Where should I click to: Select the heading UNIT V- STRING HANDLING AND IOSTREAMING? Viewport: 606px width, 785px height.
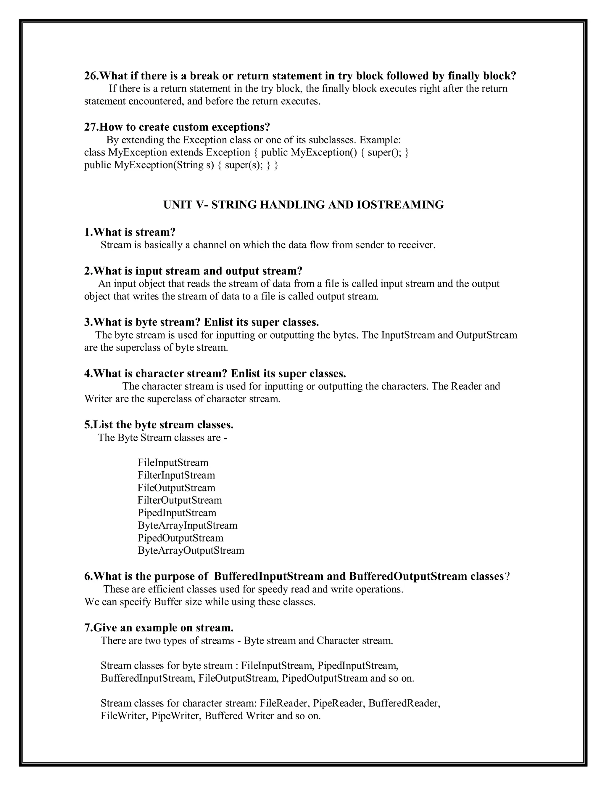point(303,205)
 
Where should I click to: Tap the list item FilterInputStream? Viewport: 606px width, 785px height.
point(176,475)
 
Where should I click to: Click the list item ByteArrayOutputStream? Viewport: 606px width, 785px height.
point(191,551)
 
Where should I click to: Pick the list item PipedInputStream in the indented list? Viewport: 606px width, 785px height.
point(177,513)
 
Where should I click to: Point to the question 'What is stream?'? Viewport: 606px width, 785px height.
point(130,232)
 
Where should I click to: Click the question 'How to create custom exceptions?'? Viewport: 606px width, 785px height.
point(177,127)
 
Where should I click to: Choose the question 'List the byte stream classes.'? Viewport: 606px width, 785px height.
point(159,425)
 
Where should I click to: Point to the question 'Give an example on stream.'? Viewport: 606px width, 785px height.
point(159,628)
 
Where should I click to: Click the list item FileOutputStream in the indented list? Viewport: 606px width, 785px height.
point(176,488)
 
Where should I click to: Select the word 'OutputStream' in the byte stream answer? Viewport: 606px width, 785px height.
point(486,335)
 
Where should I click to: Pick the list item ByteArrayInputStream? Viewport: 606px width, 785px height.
point(187,526)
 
